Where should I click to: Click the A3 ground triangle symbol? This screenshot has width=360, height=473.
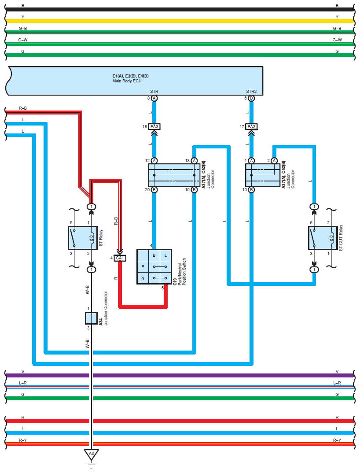[x=92, y=455]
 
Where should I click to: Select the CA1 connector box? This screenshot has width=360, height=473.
[x=120, y=258]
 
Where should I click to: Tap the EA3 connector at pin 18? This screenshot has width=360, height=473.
[x=154, y=127]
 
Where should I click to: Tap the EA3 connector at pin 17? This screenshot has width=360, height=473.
[x=251, y=127]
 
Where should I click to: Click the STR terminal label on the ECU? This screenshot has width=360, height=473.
[x=154, y=92]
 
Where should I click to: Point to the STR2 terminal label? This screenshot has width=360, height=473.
[x=251, y=92]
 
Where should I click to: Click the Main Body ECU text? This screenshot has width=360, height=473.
[x=127, y=81]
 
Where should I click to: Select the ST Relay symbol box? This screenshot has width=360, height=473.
[x=83, y=238]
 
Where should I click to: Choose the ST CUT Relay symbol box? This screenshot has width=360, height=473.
[x=323, y=238]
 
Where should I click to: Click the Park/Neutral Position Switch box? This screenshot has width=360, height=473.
[x=154, y=266]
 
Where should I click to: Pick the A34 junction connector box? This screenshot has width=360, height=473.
[x=92, y=318]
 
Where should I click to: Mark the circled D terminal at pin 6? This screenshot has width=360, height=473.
[x=251, y=98]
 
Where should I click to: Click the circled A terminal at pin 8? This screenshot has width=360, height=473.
[x=154, y=98]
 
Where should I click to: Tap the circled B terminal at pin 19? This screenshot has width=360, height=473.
[x=194, y=190]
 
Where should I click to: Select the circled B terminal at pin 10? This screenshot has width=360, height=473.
[x=251, y=190]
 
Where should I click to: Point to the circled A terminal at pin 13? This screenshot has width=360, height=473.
[x=194, y=161]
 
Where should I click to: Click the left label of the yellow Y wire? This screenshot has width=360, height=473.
[x=22, y=17]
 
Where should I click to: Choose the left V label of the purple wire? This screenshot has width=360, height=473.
[x=22, y=371]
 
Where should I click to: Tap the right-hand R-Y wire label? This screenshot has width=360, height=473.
[x=337, y=440]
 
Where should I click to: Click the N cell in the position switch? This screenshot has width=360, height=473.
[x=143, y=278]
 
